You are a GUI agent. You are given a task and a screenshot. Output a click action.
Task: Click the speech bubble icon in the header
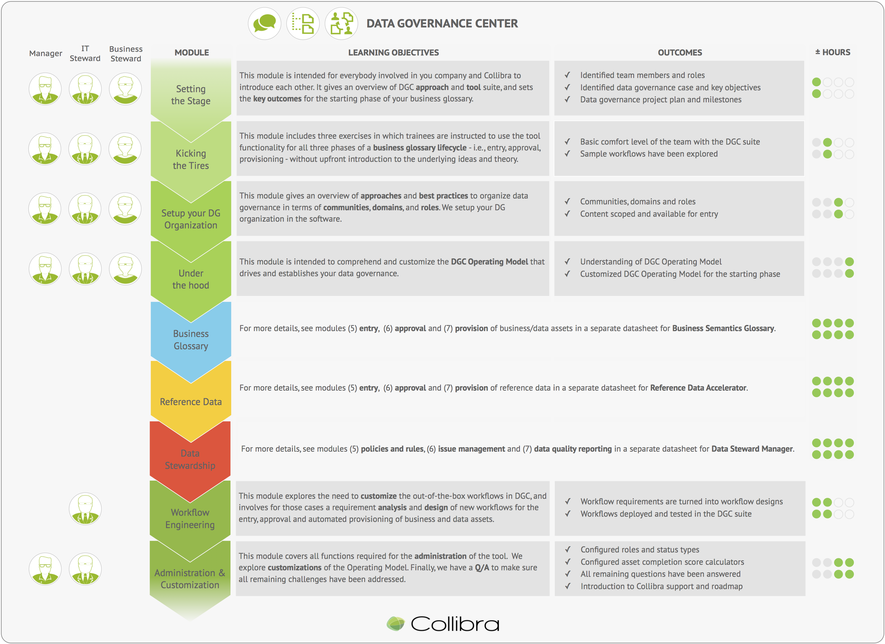[264, 23]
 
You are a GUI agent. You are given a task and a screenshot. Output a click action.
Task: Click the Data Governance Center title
[442, 24]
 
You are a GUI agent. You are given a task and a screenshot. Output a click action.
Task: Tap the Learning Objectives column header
[393, 53]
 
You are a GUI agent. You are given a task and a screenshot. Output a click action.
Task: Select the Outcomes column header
[680, 53]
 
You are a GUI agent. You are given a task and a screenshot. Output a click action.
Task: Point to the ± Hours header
[833, 52]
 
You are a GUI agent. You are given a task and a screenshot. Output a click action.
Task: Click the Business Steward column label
[126, 54]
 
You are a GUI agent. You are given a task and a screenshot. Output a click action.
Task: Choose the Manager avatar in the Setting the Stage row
[45, 89]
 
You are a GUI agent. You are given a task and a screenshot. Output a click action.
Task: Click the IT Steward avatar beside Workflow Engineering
[85, 509]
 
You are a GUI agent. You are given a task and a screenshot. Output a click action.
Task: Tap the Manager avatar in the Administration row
[45, 569]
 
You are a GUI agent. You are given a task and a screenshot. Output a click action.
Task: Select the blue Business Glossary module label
[191, 340]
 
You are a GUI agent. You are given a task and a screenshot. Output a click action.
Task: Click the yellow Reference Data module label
[191, 402]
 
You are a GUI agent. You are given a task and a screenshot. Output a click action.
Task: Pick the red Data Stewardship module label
[190, 459]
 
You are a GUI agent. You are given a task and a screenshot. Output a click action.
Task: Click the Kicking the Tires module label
[191, 159]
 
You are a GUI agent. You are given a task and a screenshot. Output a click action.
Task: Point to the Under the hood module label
[191, 279]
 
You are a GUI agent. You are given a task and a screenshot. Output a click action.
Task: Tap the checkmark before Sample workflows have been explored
[567, 154]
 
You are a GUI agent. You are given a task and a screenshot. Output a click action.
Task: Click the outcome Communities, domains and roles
[638, 202]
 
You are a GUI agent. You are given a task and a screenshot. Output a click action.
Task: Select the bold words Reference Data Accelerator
[698, 388]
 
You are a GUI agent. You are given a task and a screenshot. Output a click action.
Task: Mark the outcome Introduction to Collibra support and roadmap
[661, 586]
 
